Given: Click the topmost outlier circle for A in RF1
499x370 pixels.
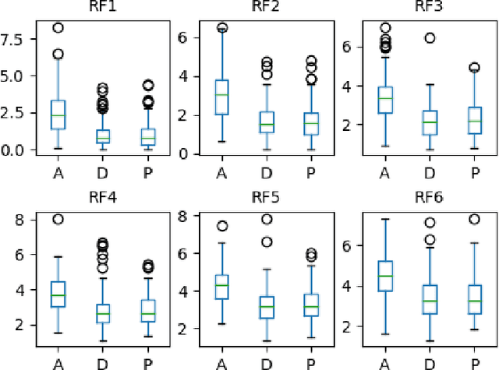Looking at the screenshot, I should (58, 28).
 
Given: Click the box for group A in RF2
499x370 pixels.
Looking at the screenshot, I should (222, 97).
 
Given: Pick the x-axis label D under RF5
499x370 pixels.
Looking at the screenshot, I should (267, 362).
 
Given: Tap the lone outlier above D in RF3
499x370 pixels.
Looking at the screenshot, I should (429, 37).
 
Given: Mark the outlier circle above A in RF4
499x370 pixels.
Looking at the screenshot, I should (58, 220).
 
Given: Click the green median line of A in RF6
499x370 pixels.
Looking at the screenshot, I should (385, 276).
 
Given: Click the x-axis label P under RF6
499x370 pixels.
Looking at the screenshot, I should (473, 362).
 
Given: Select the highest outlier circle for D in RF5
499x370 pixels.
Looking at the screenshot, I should (267, 220).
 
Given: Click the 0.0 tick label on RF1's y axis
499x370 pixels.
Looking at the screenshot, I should (17, 150).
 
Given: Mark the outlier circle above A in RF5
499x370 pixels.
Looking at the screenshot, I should (222, 227).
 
